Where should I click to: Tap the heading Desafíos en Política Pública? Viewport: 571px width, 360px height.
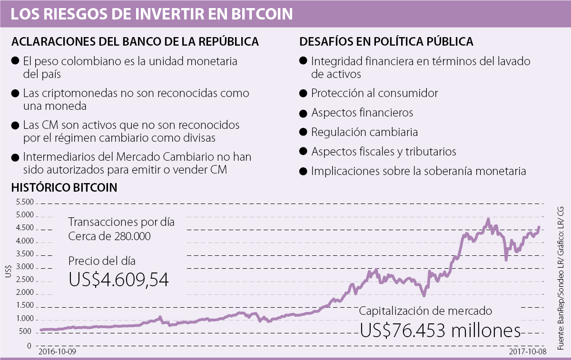point(386,41)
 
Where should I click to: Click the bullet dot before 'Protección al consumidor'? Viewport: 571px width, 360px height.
point(303,93)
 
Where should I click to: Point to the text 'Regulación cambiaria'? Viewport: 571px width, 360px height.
point(364,132)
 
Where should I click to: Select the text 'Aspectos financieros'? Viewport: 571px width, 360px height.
point(362,113)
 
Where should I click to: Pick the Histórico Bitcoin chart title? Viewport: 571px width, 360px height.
point(64,187)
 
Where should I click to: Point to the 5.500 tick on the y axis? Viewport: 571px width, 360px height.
point(24,203)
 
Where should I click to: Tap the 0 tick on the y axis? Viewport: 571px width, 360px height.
point(29,345)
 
